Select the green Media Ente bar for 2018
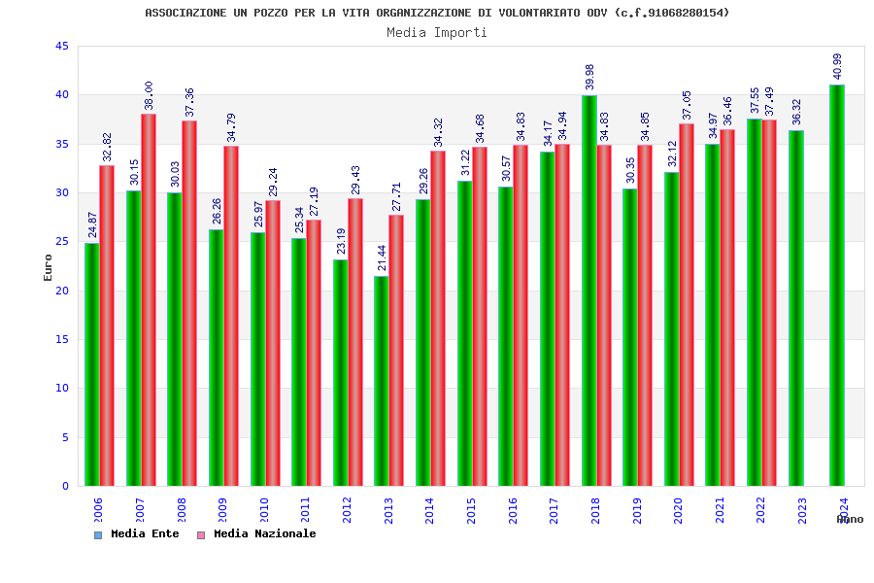point(588,291)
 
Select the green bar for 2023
point(795,308)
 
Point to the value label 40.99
point(838,66)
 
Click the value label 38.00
point(150,95)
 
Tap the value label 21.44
point(382,257)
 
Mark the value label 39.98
point(589,77)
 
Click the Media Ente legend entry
point(136,534)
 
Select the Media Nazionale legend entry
point(256,534)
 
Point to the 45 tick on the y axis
point(62,47)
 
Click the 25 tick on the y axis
point(62,242)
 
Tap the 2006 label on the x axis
point(98,510)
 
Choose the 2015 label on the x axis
point(471,510)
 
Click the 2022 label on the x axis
point(760,510)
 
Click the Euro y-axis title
point(49,267)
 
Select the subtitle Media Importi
point(437,32)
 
